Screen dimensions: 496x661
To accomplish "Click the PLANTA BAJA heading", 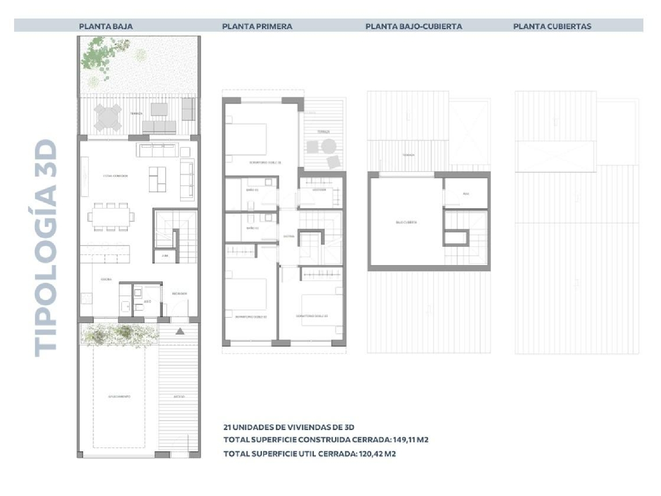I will pyautogui.click(x=106, y=26).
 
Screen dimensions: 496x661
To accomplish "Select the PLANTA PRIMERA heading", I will pyautogui.click(x=257, y=26).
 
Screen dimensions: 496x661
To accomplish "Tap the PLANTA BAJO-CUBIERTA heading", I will pyautogui.click(x=413, y=26).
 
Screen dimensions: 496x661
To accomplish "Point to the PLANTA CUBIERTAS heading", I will pyautogui.click(x=552, y=26).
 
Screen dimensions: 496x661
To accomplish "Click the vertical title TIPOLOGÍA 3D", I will pyautogui.click(x=46, y=248).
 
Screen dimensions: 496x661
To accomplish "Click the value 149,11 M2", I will pyautogui.click(x=410, y=440).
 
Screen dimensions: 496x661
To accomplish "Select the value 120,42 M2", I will pyautogui.click(x=377, y=454).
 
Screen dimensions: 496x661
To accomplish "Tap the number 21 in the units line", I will pyautogui.click(x=227, y=427).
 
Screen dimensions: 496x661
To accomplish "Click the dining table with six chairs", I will pyautogui.click(x=111, y=216).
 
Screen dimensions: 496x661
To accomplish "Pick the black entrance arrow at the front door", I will pyautogui.click(x=180, y=331).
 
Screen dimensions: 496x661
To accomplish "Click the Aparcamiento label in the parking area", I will pyautogui.click(x=119, y=396).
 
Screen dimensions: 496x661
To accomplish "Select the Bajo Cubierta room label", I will pyautogui.click(x=406, y=222).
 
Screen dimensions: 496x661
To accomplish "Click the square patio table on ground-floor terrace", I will pyautogui.click(x=108, y=117).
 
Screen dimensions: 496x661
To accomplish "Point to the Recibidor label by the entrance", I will pyautogui.click(x=179, y=294).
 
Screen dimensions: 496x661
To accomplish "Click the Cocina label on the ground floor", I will pyautogui.click(x=106, y=280).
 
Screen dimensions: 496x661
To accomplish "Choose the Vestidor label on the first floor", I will pyautogui.click(x=319, y=190).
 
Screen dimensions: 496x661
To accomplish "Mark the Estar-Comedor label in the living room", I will pyautogui.click(x=115, y=176).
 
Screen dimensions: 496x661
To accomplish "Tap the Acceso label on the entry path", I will pyautogui.click(x=179, y=396).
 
